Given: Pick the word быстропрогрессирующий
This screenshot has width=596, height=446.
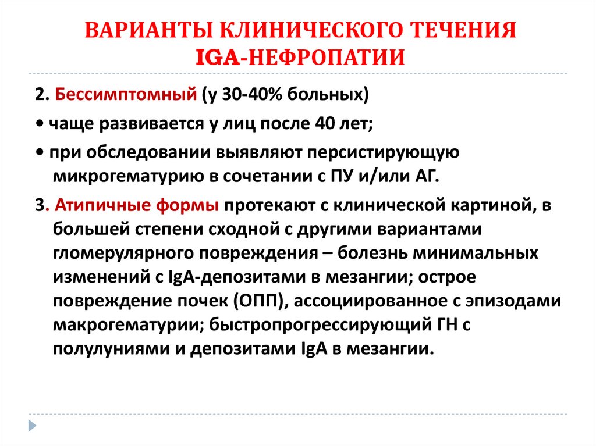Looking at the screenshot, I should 318,327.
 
